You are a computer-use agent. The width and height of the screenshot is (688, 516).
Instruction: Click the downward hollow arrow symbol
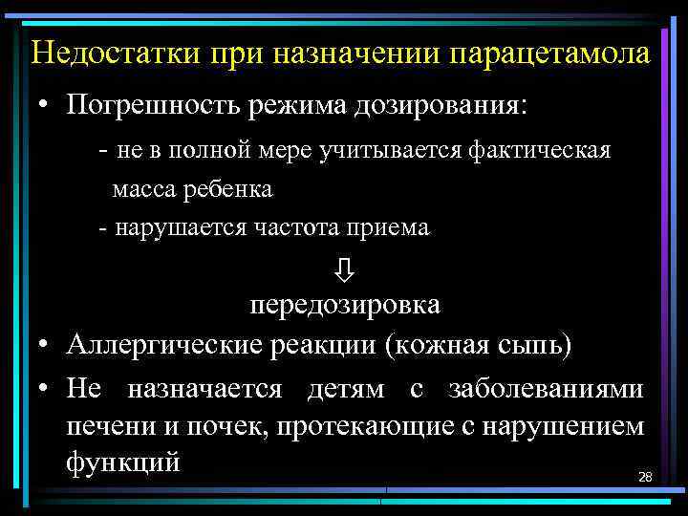click(x=345, y=269)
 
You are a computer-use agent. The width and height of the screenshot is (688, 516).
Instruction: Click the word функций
click(x=123, y=462)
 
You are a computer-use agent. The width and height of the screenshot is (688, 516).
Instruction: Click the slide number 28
click(x=644, y=476)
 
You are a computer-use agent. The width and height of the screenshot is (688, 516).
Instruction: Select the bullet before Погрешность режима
click(x=45, y=104)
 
